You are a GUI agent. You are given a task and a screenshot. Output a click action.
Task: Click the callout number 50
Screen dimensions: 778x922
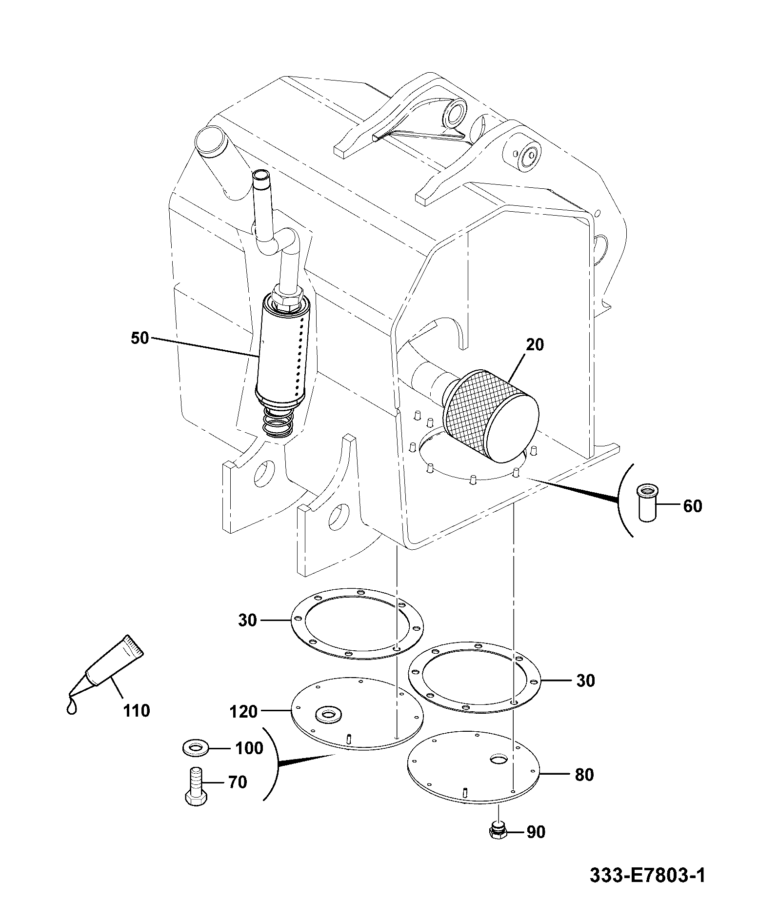[x=140, y=338]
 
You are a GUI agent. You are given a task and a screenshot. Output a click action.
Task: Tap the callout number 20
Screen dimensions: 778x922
[x=535, y=345]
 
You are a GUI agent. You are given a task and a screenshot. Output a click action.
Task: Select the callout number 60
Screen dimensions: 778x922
[x=693, y=506]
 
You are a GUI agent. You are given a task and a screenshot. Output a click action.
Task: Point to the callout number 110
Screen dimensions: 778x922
[x=137, y=711]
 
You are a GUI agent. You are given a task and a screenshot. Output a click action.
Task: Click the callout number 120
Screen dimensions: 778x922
[x=244, y=712]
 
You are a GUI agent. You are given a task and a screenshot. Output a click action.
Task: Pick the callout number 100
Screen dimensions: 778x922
[x=249, y=748]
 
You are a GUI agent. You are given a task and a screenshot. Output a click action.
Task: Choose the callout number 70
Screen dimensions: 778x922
[x=238, y=783]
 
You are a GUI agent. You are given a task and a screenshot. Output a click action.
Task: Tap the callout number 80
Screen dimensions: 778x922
[x=584, y=775]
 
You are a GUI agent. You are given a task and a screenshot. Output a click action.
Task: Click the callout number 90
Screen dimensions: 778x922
[x=536, y=832]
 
